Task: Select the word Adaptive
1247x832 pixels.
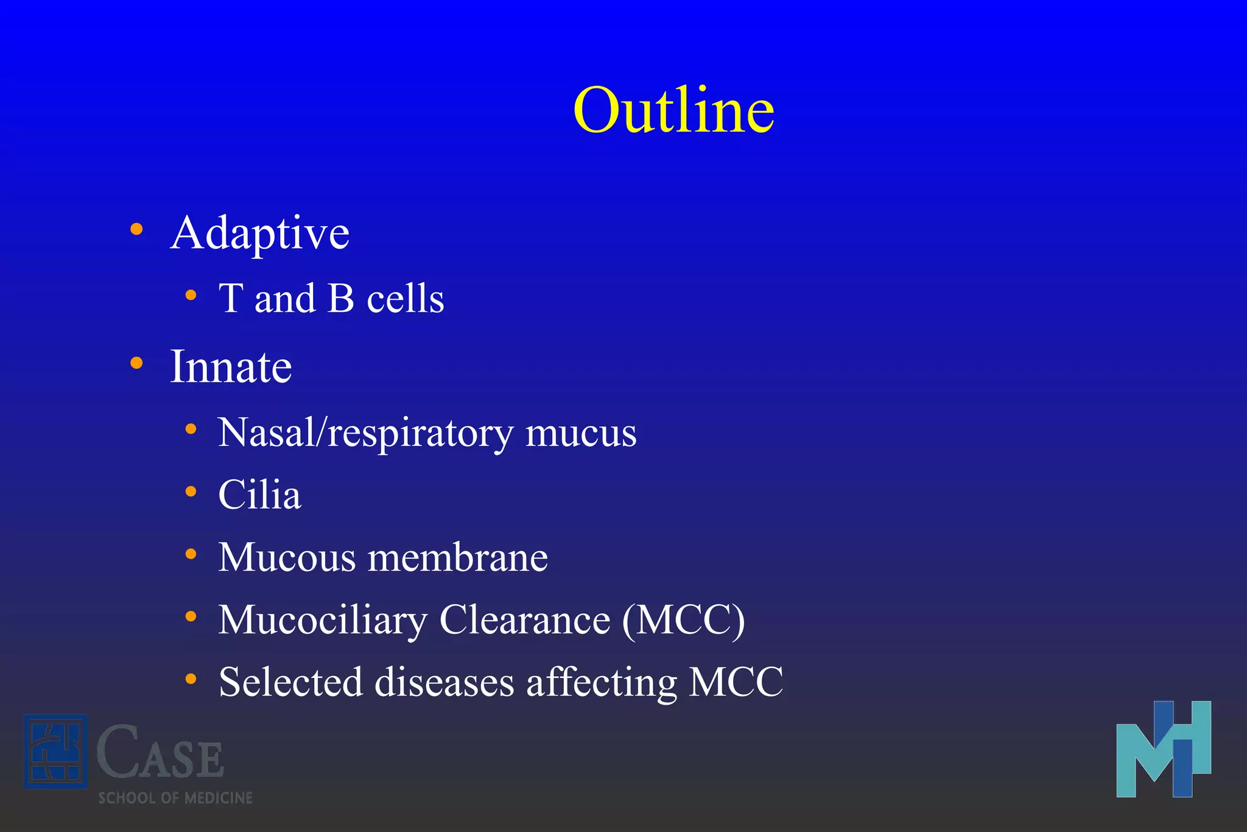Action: [260, 233]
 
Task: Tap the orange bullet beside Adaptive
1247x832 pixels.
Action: [136, 230]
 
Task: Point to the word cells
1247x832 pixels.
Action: [406, 298]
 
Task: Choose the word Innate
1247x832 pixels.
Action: [231, 367]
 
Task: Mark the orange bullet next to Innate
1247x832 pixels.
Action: [136, 363]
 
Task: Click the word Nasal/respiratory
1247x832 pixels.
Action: [366, 433]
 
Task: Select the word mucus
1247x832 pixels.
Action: [581, 433]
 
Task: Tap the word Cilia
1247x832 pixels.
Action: [259, 495]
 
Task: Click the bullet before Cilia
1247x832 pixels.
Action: [191, 492]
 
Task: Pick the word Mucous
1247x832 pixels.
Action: [287, 557]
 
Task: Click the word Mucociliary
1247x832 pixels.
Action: [323, 620]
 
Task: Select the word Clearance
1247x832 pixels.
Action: [525, 620]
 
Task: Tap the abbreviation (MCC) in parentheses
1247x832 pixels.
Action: [684, 620]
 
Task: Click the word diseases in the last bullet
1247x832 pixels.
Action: [444, 682]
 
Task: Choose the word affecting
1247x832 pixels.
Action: [602, 682]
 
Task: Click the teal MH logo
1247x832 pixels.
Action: [1163, 750]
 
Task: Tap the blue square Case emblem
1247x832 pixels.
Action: [55, 752]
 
